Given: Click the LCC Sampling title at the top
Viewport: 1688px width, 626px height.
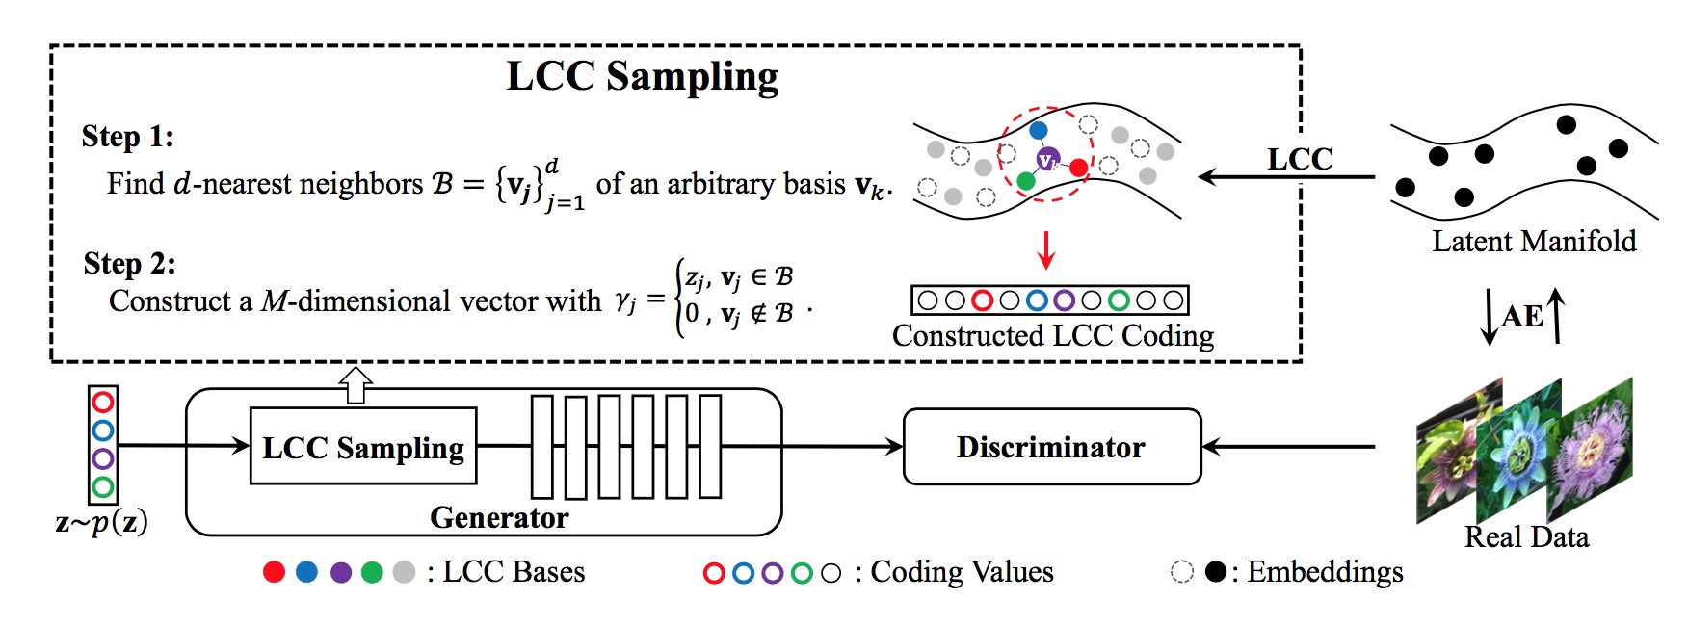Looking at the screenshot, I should tap(642, 77).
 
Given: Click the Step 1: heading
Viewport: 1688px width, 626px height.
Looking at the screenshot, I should tap(127, 137).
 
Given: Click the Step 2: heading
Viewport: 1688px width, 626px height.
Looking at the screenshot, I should tap(129, 264).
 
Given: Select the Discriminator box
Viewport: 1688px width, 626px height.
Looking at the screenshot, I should tap(1051, 447).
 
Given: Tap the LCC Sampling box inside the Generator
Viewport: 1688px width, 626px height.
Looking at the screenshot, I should tap(363, 447).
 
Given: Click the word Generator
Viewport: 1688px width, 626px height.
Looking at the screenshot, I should tap(499, 518).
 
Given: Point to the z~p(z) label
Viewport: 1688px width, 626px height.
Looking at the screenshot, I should tap(101, 523).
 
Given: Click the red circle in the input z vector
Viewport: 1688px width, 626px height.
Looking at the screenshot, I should tap(103, 402).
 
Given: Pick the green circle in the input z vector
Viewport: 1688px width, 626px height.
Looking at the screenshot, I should tap(103, 487).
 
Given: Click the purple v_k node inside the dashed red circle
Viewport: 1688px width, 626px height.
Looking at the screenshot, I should tap(1047, 160).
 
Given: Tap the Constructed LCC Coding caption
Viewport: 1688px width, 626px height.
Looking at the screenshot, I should tap(1052, 336).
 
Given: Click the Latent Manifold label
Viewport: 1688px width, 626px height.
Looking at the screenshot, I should tap(1534, 242).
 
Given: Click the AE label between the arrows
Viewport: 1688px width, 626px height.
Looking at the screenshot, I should tap(1522, 316).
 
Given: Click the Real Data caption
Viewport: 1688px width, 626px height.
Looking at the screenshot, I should tap(1526, 537).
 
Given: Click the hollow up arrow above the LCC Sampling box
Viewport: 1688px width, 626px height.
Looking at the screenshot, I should tap(356, 384).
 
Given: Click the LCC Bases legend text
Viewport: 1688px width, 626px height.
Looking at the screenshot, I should tap(513, 572).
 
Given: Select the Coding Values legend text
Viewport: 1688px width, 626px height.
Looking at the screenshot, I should tap(962, 572).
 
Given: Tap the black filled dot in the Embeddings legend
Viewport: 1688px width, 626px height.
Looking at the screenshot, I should tap(1216, 572).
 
